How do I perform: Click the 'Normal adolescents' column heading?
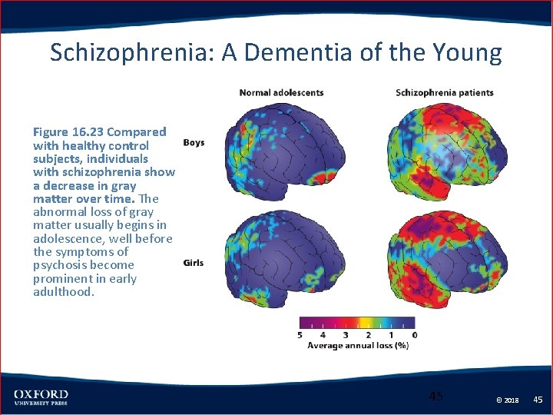281,93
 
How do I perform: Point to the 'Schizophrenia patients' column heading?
444,93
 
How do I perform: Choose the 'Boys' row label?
194,142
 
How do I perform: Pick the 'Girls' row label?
194,263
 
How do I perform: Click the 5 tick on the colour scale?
300,334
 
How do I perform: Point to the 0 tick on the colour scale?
415,334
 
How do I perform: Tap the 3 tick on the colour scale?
346,334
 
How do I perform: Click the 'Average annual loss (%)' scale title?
357,346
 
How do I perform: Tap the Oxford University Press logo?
41,397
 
